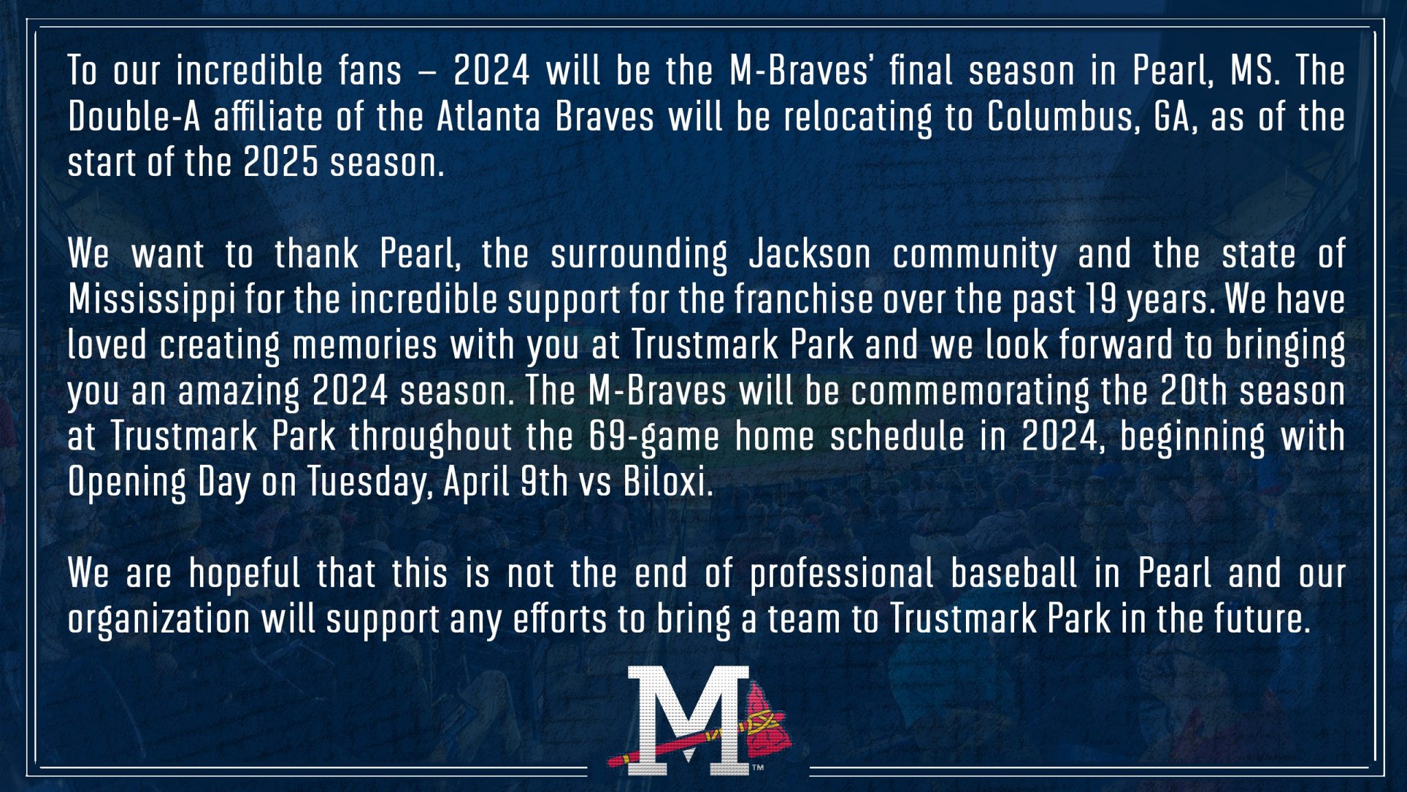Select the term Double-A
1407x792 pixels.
134,117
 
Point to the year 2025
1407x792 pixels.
280,163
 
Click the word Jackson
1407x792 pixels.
810,254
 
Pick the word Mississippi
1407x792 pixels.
152,300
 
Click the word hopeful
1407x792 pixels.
245,574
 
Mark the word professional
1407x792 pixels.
842,574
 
